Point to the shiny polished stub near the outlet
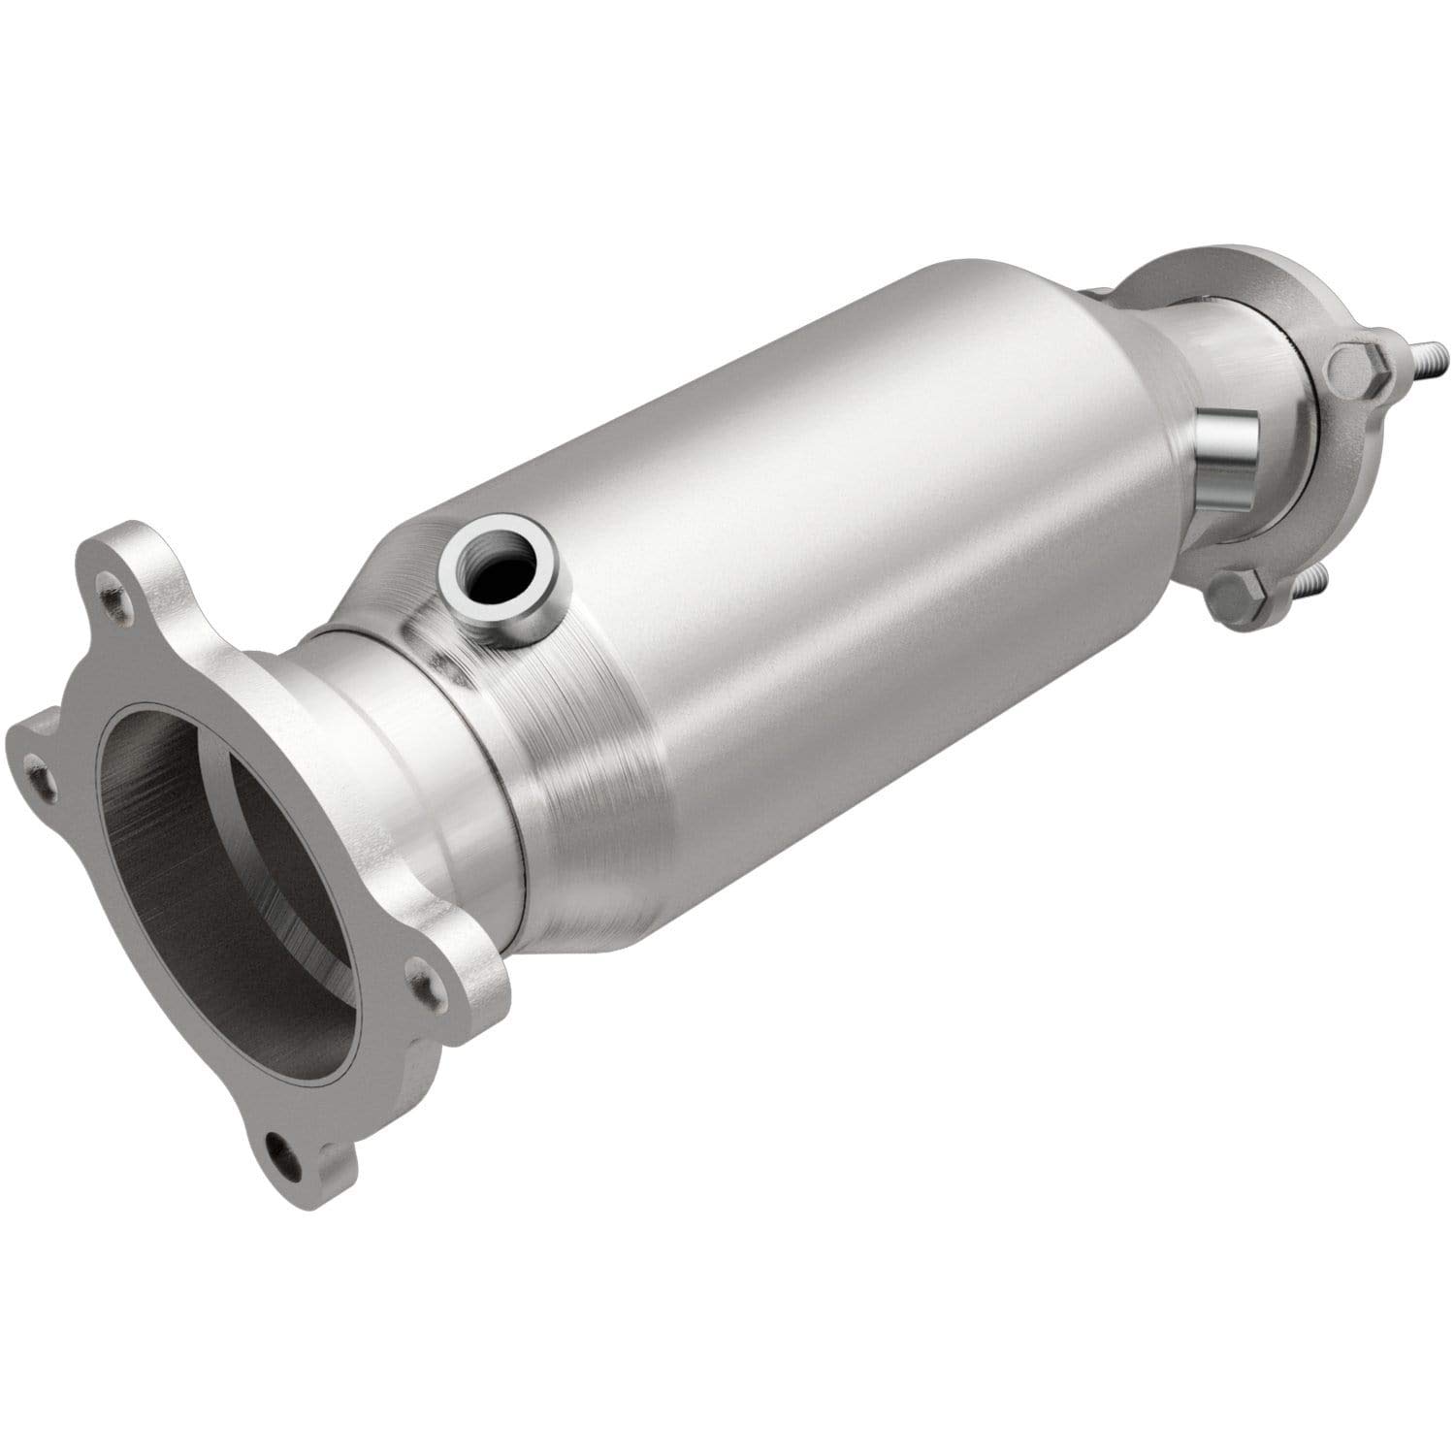[x=1228, y=446]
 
